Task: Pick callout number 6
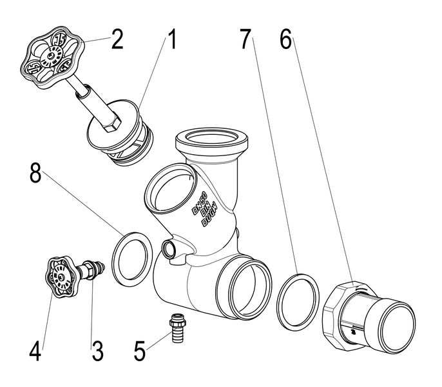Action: coord(285,41)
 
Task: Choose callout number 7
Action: coord(245,41)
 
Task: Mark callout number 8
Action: coord(35,174)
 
